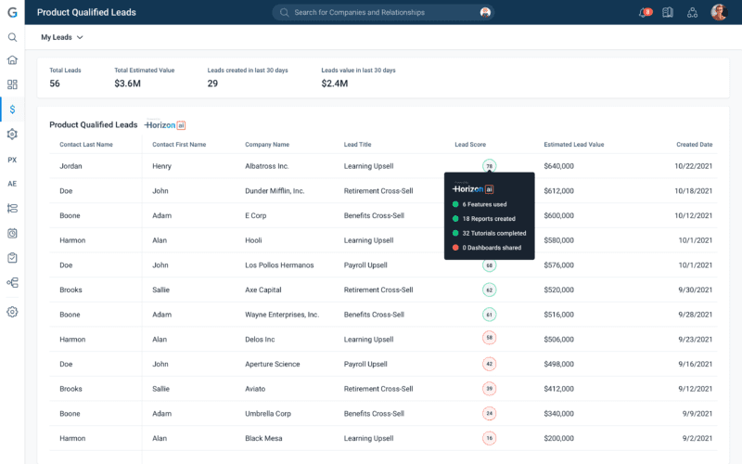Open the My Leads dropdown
62,37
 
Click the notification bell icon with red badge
645,12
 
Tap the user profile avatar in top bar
719,12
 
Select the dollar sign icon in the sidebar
12,110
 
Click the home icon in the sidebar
12,60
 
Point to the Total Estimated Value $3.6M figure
127,84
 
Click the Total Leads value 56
55,84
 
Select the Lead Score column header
469,145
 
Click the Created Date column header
694,145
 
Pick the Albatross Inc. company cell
267,166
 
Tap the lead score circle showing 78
489,166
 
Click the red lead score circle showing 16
489,437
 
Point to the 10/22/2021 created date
694,166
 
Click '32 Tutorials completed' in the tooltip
494,233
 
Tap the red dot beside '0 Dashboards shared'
455,248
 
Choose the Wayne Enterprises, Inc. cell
282,315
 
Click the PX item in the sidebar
12,160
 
